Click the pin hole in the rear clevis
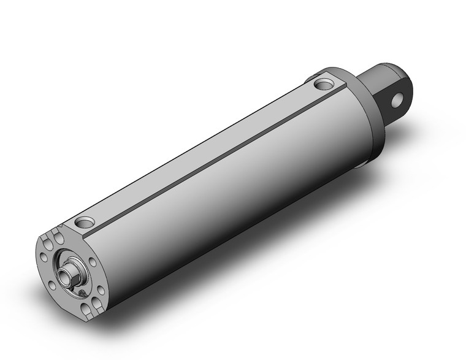point(401,98)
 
